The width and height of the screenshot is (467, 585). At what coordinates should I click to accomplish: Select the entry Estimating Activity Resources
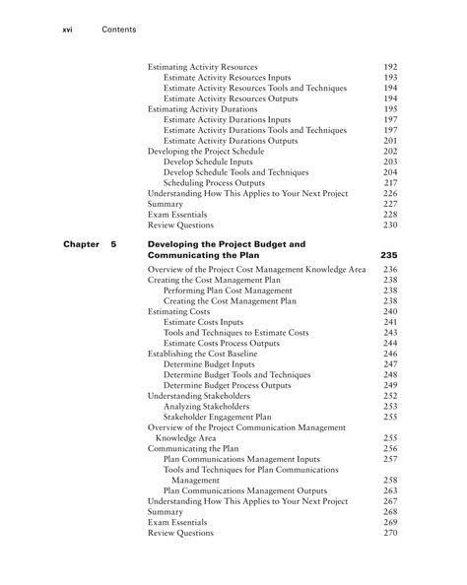[202, 66]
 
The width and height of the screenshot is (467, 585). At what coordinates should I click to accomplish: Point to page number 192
[389, 66]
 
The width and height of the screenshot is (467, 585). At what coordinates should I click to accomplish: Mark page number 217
[389, 183]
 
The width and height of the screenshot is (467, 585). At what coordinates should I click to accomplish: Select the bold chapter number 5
[114, 242]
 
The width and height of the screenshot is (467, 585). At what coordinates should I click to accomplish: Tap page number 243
[389, 333]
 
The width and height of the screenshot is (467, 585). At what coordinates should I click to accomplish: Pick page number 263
[389, 490]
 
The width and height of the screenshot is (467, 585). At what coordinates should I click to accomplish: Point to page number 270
[389, 533]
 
